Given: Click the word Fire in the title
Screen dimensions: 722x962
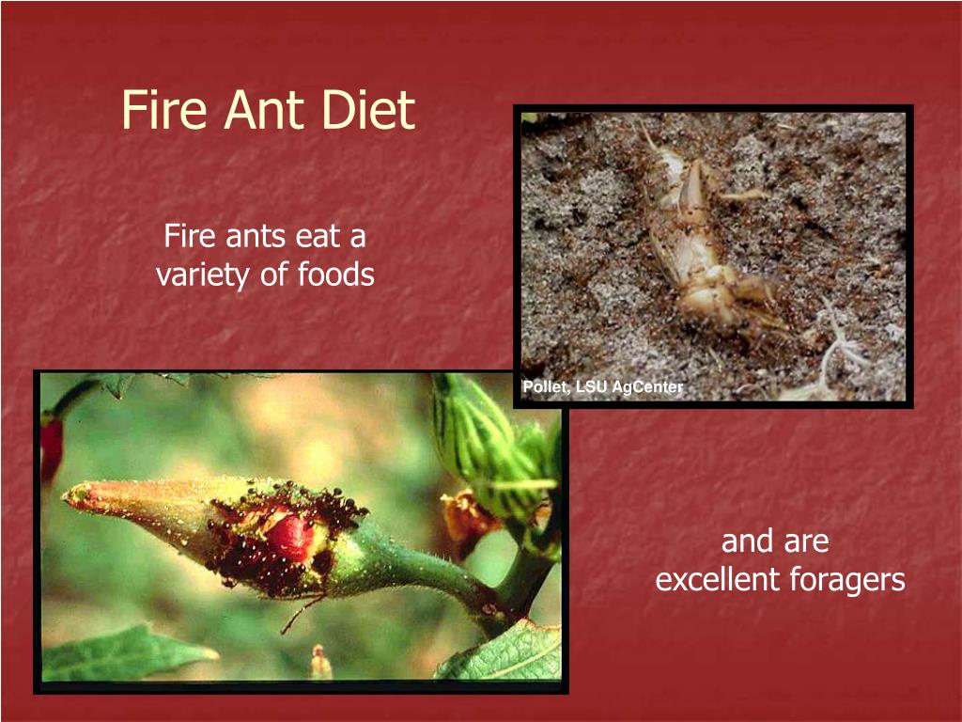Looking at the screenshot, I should click(165, 111).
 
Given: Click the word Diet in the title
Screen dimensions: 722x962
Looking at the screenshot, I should click(369, 111).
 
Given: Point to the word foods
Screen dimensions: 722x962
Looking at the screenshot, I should click(336, 275).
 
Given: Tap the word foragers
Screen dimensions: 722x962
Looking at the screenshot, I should click(853, 581).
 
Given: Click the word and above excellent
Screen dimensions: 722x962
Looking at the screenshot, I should click(748, 541).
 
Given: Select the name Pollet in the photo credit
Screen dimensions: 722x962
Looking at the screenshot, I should click(543, 387).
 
